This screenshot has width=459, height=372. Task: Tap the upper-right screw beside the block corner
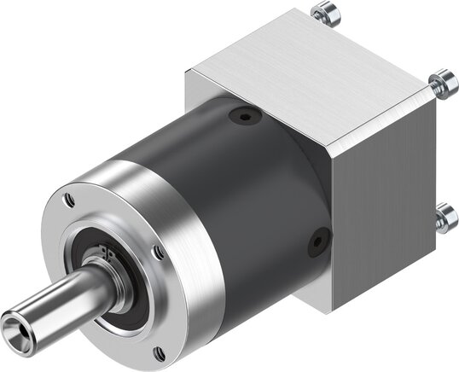pyautogui.click(x=440, y=82)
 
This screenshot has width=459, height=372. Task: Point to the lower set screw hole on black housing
pyautogui.click(x=317, y=242)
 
